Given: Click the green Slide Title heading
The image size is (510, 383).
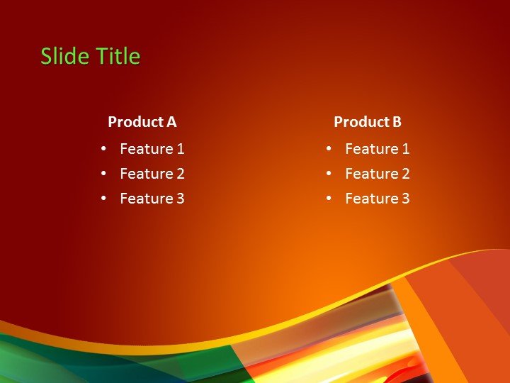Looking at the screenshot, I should pos(90,56).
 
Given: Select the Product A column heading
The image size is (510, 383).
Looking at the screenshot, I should pos(142,122).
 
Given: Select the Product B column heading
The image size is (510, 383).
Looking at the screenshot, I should pos(367,122).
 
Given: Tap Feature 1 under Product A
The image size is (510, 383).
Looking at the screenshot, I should pos(152,149).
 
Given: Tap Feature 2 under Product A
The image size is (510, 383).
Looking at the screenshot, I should pos(152,174).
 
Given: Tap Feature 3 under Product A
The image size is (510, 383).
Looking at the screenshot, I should pos(152,199).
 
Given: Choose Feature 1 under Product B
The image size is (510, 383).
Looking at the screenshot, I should pos(377,149).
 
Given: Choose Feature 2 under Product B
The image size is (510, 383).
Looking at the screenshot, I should pos(377,174).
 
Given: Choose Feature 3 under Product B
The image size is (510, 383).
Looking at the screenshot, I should pos(377,199).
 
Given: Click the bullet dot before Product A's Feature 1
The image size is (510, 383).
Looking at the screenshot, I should pos(103,149).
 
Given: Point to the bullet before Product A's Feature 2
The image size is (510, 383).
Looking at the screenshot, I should pos(103,174).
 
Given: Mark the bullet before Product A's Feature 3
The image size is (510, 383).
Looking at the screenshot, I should pos(103,199).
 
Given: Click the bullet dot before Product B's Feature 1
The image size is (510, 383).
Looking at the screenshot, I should pos(329,149).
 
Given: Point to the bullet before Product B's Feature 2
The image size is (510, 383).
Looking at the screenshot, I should pos(329,174).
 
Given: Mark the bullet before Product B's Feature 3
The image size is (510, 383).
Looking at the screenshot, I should pos(329,199).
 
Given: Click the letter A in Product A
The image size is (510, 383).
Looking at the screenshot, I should pos(171,122).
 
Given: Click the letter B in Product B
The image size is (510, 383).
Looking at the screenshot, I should pos(397,122).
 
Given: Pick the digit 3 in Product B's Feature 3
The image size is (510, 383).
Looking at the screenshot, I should pos(406,199).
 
